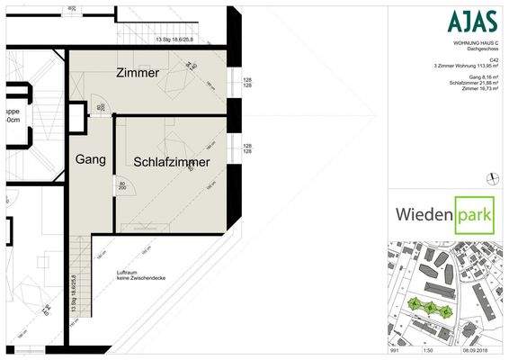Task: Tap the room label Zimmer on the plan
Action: coord(138,72)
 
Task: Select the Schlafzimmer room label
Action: coord(171,162)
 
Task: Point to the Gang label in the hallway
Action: coord(90,159)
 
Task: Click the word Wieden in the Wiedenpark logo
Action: coord(424,215)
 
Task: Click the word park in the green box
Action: coord(475,215)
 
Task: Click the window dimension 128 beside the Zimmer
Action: coord(246,80)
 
